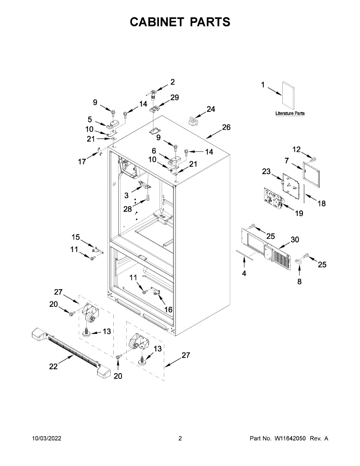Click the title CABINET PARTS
[x=180, y=22]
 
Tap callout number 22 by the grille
[x=54, y=366]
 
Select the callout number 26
[x=226, y=127]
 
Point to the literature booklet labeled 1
[x=289, y=96]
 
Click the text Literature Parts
[x=290, y=113]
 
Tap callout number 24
[x=210, y=109]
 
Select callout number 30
[x=295, y=240]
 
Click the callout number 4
[x=244, y=273]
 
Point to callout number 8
[x=299, y=282]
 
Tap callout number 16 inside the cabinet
[x=168, y=310]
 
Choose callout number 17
[x=82, y=162]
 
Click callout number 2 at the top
[x=172, y=82]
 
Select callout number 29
[x=175, y=97]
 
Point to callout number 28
[x=128, y=209]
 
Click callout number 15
[x=75, y=237]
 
